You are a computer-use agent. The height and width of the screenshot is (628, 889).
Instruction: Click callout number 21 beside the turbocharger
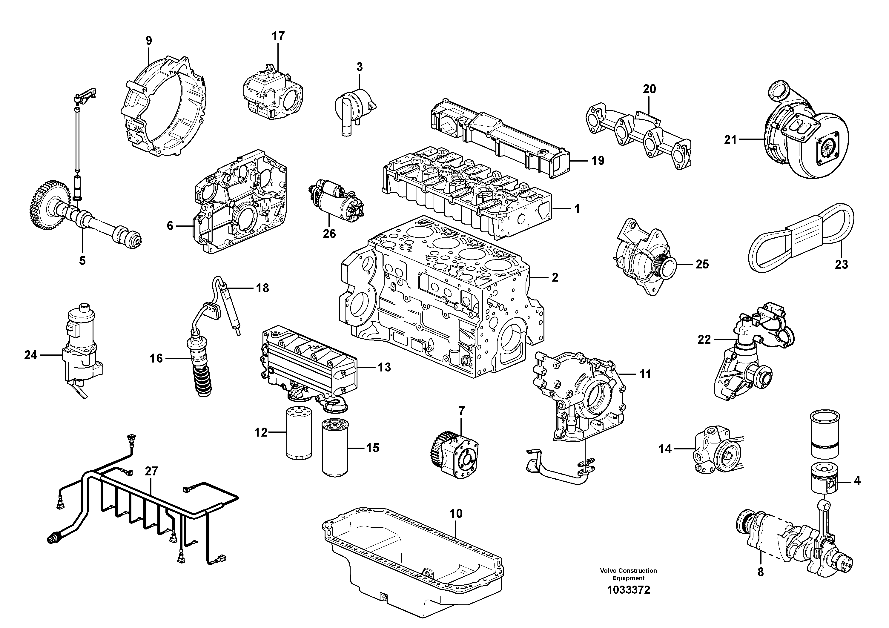tap(730, 139)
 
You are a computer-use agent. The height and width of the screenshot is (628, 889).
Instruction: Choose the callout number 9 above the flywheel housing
tap(149, 40)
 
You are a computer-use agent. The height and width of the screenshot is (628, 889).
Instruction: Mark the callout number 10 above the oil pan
tap(456, 513)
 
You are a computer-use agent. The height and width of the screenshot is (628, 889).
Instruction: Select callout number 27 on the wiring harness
tap(151, 471)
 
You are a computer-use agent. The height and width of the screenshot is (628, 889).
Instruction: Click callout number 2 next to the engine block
tap(555, 277)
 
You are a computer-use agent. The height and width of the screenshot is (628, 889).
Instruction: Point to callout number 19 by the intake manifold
tap(598, 160)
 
